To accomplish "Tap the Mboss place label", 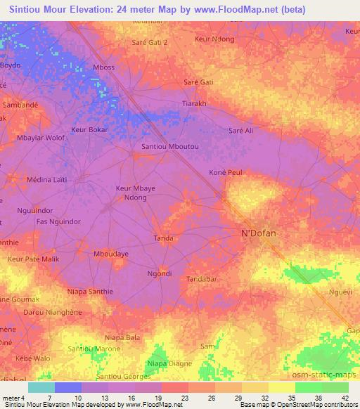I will (103, 67).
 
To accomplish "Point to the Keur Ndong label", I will (214, 39).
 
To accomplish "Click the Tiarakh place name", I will (194, 103).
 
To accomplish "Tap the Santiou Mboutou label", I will (170, 146).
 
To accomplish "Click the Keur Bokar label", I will (89, 131).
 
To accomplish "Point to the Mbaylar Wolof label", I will (41, 138).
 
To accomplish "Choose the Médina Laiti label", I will (46, 180).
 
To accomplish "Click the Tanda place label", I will (164, 238).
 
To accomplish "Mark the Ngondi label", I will (159, 273).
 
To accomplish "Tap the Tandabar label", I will (203, 279).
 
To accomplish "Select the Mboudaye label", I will (111, 253).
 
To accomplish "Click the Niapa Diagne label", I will (169, 363).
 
